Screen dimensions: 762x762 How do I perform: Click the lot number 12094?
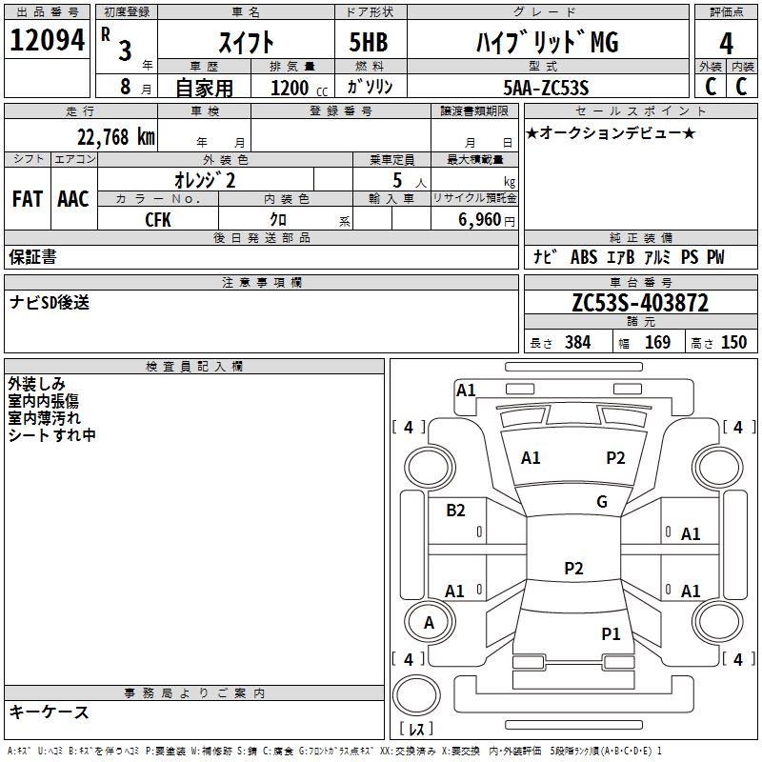coord(47,40)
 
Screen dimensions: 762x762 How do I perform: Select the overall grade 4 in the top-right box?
coord(726,44)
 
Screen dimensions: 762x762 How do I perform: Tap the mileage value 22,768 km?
coord(115,137)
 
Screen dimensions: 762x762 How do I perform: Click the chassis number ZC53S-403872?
coord(640,303)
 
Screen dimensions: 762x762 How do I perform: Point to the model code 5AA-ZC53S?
coord(546,88)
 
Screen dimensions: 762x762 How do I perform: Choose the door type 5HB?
coord(369,42)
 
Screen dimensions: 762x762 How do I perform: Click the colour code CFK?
coord(158,220)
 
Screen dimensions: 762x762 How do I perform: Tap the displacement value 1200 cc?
coord(299,88)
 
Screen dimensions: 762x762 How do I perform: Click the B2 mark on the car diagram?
coord(455,510)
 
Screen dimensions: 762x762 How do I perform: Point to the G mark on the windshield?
coord(602,501)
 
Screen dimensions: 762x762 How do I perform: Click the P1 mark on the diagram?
coord(611,633)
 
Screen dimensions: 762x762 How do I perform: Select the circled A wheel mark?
coord(429,623)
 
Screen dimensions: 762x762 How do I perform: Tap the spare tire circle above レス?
coord(416,695)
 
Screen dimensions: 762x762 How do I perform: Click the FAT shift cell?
coord(28,199)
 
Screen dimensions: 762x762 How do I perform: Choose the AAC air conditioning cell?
coord(73,199)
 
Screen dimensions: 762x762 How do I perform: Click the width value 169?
coord(657,342)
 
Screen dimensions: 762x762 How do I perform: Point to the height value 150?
coord(733,342)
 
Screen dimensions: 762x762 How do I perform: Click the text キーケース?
coord(49,712)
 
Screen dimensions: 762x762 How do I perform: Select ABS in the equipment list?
coord(584,256)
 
